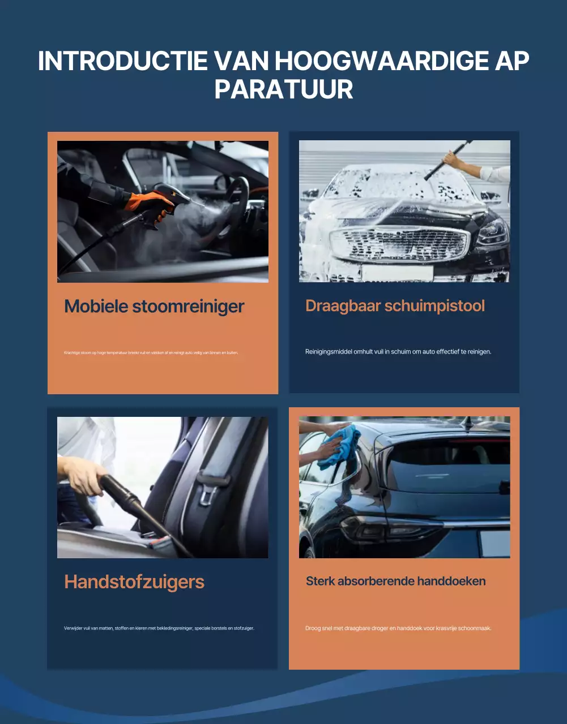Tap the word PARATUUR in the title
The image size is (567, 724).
(284, 89)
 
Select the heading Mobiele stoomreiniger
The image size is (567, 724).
(154, 306)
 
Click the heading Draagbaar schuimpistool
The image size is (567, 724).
(395, 305)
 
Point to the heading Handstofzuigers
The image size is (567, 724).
(134, 581)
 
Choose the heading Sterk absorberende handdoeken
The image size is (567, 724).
(395, 581)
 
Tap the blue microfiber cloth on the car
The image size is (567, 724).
(340, 447)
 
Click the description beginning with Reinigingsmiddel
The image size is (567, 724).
(398, 351)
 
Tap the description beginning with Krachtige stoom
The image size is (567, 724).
(151, 352)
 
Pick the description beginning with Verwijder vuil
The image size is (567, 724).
(159, 628)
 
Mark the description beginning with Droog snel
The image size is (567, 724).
(398, 628)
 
